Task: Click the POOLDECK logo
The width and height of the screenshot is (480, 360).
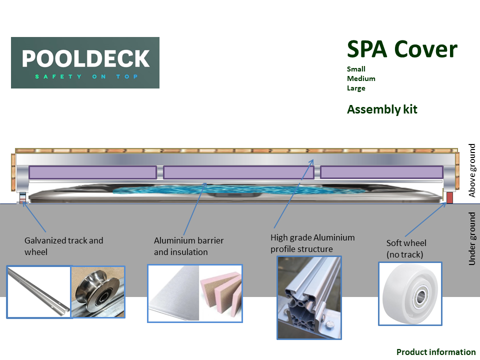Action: tap(85, 62)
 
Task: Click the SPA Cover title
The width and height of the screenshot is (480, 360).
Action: tap(402, 49)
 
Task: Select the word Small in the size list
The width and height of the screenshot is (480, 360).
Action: tap(356, 69)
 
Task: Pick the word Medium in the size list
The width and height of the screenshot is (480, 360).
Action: tap(360, 78)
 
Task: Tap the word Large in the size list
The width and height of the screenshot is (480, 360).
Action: tap(356, 88)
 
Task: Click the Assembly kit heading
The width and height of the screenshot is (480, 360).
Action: tap(382, 109)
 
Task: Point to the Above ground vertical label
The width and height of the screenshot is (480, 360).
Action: tap(472, 170)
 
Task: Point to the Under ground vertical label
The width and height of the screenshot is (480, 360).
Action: tap(472, 238)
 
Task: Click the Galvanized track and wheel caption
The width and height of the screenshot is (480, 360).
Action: tap(63, 246)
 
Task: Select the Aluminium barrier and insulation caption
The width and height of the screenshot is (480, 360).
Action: tap(188, 246)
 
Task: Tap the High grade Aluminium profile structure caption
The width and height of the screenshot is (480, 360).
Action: tap(312, 243)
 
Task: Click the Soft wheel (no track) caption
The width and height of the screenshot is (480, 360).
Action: tap(406, 248)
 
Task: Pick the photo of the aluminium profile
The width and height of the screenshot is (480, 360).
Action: tap(309, 297)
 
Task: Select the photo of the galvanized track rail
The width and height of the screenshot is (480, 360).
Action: tap(38, 292)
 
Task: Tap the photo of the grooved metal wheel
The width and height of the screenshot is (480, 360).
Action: tap(98, 292)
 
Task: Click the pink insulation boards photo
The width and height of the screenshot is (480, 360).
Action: tap(220, 293)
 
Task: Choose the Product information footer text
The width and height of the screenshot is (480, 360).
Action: tap(435, 352)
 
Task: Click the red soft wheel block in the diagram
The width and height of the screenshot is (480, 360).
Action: tap(449, 197)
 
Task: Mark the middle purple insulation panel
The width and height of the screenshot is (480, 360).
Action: tap(238, 172)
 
